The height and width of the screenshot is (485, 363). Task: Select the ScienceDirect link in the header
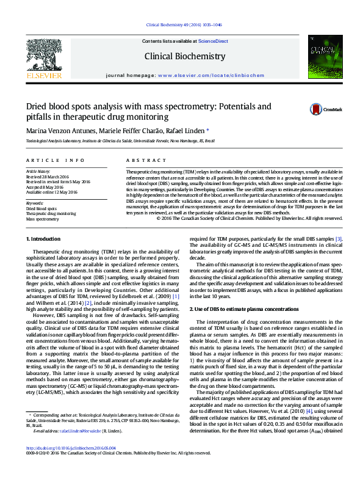[x=213, y=41]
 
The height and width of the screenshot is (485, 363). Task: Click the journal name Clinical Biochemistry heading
[x=184, y=57]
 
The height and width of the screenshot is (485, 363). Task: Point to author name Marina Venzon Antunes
[x=59, y=130]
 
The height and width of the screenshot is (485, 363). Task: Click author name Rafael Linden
[x=187, y=130]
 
